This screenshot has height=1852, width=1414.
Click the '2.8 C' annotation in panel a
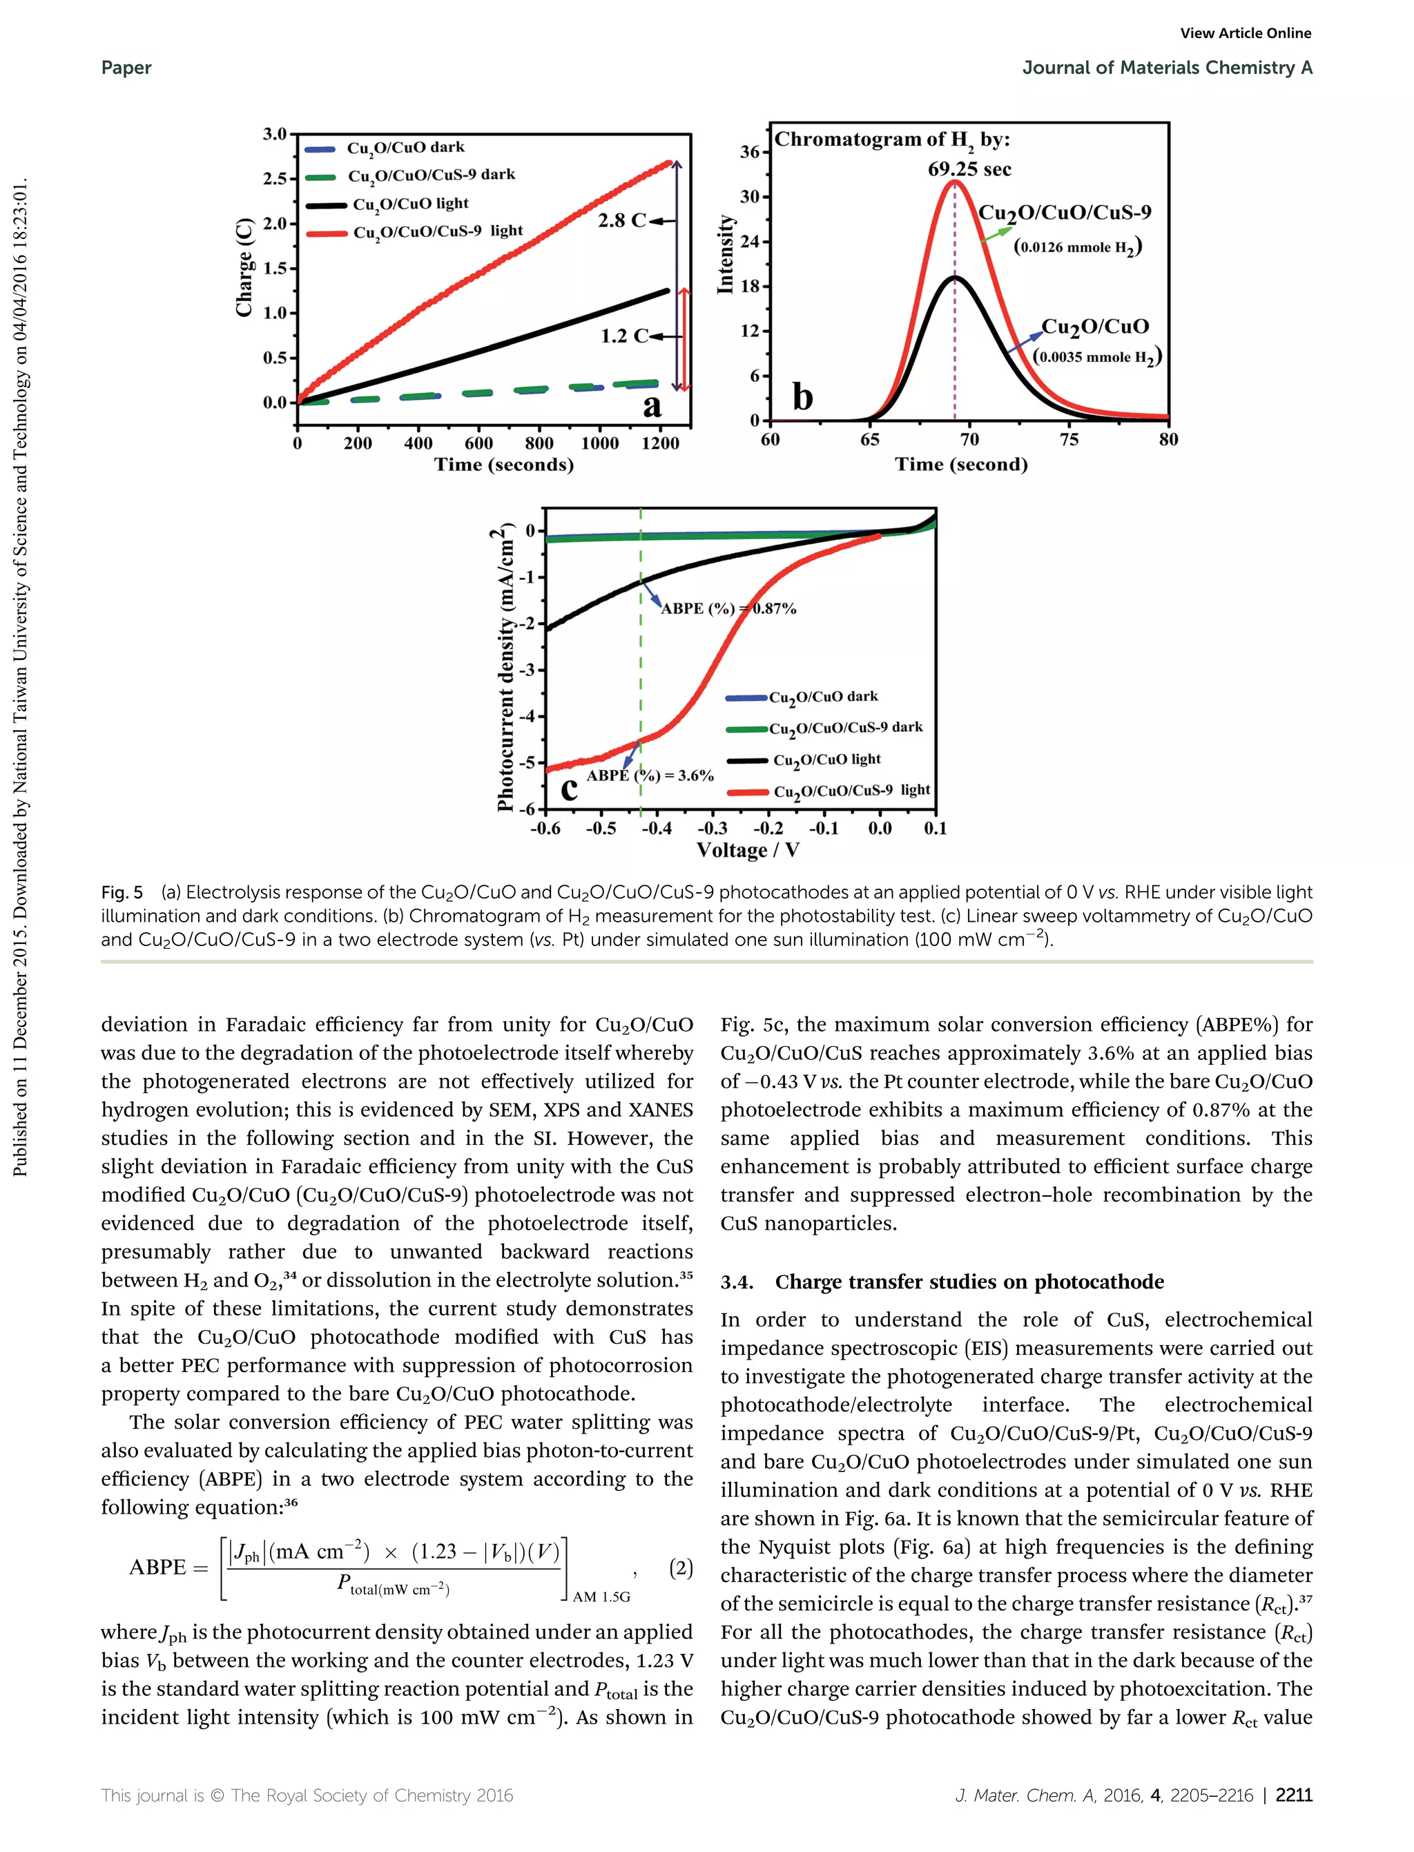(621, 220)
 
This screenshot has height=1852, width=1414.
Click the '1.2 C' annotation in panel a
(623, 336)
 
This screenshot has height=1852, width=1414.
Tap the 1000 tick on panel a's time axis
(599, 443)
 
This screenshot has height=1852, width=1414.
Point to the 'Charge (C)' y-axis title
(244, 268)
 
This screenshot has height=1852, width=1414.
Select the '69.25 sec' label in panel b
(969, 169)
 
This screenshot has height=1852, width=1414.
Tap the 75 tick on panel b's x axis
(1069, 438)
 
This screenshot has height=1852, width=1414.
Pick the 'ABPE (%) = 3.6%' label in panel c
(650, 775)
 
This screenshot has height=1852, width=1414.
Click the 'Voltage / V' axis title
(748, 850)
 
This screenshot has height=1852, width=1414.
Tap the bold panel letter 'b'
(803, 396)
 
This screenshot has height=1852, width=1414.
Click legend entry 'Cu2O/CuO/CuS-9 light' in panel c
(851, 791)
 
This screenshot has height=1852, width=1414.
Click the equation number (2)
(680, 1568)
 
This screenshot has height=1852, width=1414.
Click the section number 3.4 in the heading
(737, 1282)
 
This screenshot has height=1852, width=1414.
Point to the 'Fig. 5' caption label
(122, 892)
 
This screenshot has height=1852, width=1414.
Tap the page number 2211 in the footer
(1294, 1795)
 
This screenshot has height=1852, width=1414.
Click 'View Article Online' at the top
(1245, 33)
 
